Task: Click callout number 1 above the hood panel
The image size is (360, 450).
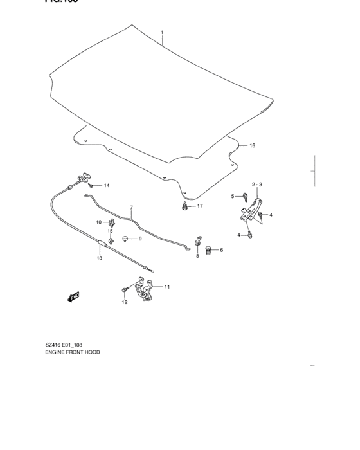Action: [162, 32]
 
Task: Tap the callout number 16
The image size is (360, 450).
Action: [252, 146]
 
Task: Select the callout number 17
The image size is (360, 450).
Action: [200, 206]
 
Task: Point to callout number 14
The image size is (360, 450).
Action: [107, 186]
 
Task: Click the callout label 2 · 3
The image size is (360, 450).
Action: [256, 184]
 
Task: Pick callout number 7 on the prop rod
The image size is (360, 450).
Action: [131, 208]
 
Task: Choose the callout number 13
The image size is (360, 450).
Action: [100, 258]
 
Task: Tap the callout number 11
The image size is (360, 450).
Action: [167, 287]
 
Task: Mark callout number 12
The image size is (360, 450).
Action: [125, 302]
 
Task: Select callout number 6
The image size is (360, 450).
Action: [221, 251]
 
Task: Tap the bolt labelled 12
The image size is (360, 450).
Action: [123, 291]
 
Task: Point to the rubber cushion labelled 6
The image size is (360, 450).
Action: [208, 251]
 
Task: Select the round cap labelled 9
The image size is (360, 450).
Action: [126, 239]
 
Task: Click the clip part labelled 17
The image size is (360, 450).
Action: [184, 206]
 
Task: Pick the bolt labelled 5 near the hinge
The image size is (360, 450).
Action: [246, 199]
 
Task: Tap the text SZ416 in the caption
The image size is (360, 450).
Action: [54, 345]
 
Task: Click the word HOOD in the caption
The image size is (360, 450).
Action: [92, 352]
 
